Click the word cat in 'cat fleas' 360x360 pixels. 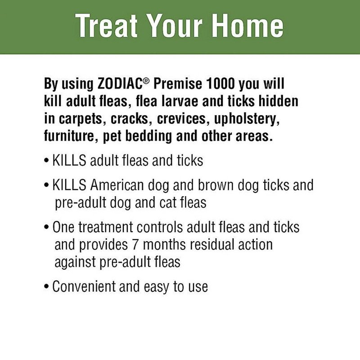click(170, 202)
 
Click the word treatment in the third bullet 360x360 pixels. click(108, 228)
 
